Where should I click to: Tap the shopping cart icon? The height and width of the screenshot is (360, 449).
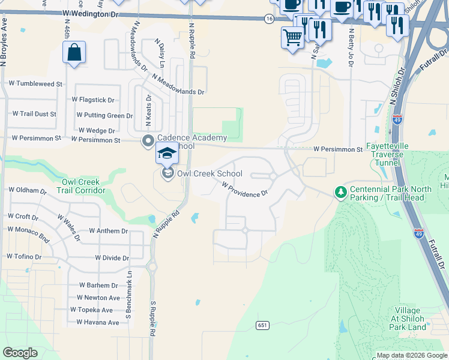click(292, 38)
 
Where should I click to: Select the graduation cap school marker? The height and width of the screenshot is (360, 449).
click(167, 154)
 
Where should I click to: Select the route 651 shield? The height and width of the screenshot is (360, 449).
click(262, 325)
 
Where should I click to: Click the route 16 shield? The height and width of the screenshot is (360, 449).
click(269, 19)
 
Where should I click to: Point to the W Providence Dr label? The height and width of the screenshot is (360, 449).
click(244, 190)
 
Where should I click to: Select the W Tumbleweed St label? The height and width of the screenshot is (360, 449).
click(34, 84)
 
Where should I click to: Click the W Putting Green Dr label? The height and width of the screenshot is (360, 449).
click(104, 115)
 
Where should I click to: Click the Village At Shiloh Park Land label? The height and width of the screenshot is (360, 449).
click(408, 319)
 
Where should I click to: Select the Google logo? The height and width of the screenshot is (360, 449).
click(20, 353)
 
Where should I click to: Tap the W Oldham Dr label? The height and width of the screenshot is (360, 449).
click(27, 191)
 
